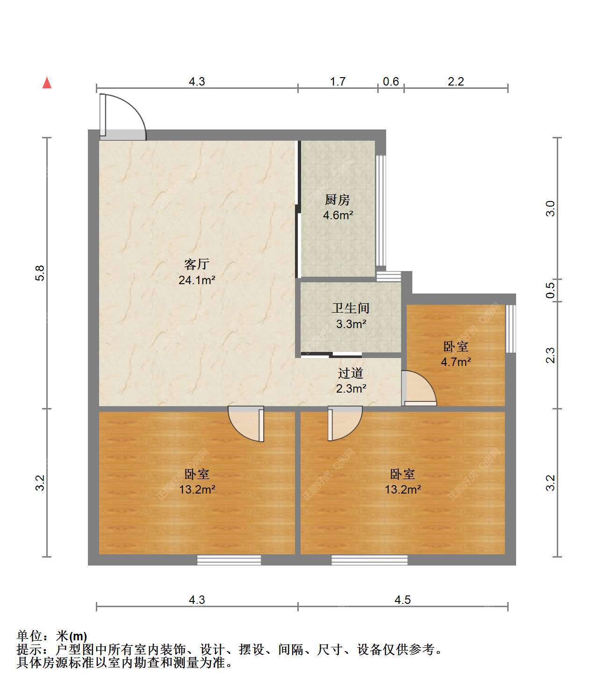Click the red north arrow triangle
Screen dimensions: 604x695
coord(47,83)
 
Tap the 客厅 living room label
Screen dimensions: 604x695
coord(197,264)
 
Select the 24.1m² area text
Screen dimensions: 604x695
coord(197,280)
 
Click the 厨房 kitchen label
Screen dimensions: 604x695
coord(338,200)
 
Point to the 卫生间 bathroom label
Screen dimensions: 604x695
coord(351,308)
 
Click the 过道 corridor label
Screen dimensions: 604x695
coord(351,373)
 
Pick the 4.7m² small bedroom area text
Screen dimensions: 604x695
coord(456,362)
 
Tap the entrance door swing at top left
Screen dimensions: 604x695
coord(122,117)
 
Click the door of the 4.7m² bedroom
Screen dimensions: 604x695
coord(419,388)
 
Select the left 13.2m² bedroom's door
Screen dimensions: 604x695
coord(246,423)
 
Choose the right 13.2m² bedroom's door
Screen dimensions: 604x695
coord(345,423)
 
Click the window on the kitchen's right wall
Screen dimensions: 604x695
coord(381,211)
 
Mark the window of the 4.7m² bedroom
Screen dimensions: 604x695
coord(511,329)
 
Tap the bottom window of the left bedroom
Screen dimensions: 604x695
coord(229,560)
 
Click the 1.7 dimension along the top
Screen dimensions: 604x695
coord(338,81)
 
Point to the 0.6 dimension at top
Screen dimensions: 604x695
coord(391,81)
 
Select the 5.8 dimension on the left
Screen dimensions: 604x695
coord(40,273)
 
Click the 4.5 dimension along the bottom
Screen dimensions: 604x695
coord(403,600)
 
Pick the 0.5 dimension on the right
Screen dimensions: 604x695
coord(550,290)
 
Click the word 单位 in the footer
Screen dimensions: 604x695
coord(29,636)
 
